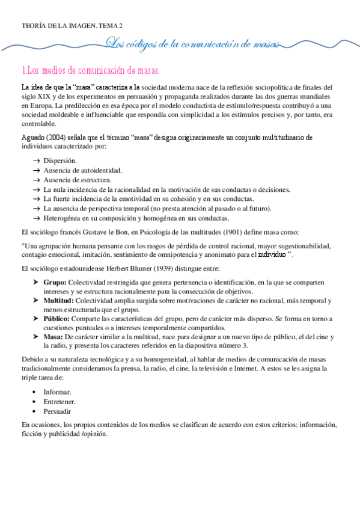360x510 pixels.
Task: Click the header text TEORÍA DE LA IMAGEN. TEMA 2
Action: click(72, 26)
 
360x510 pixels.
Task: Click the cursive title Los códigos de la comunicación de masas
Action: click(192, 43)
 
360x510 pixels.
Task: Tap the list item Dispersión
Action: click(60, 161)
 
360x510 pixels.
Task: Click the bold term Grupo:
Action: click(55, 282)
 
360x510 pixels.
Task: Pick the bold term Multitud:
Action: click(58, 300)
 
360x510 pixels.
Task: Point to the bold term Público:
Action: click(56, 318)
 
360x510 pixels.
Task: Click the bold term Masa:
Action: click(53, 337)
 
